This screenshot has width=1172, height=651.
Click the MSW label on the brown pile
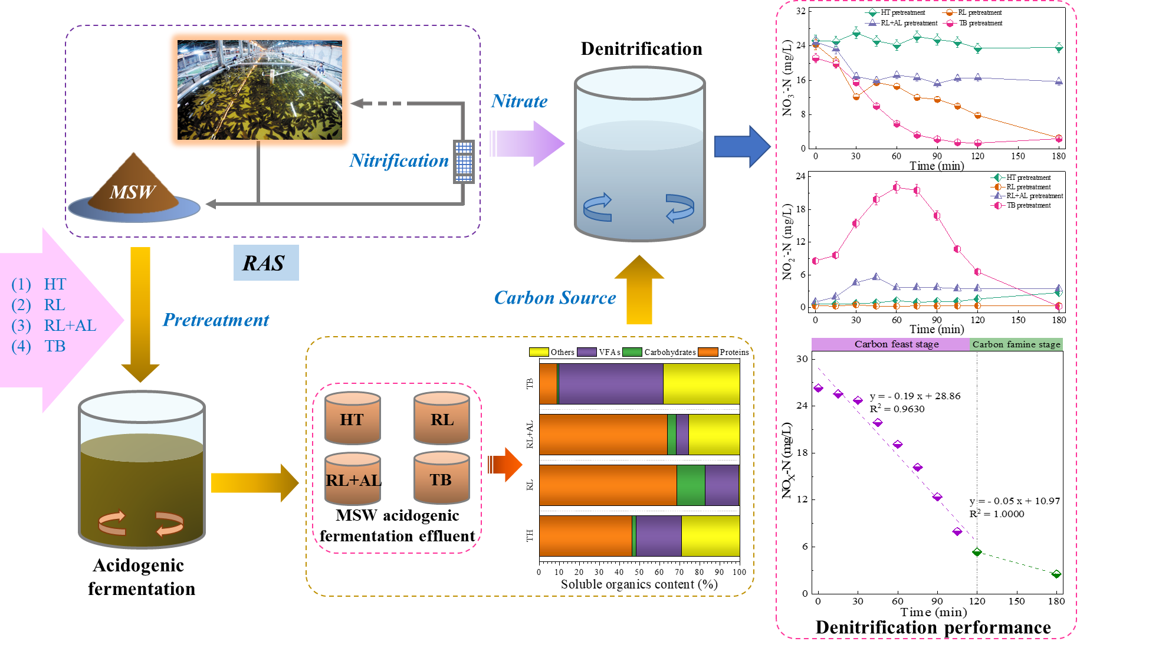coord(132,192)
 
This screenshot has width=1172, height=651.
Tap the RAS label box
coord(266,263)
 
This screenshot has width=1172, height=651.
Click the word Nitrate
coord(520,101)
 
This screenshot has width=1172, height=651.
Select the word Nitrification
coord(399,160)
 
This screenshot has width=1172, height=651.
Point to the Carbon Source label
coord(555,298)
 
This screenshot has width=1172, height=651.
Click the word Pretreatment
coord(216,320)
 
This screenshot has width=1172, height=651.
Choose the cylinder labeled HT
coord(353,418)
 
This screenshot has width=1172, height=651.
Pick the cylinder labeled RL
coord(442,418)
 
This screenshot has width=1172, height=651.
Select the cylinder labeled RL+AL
coord(353,479)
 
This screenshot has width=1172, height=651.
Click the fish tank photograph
coord(260,90)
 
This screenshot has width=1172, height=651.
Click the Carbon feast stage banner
coord(890,344)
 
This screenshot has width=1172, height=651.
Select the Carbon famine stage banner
coord(1016,344)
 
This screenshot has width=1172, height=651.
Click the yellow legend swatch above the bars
coord(539,352)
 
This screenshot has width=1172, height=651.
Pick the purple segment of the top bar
coord(610,384)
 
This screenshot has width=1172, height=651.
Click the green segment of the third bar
coord(691,485)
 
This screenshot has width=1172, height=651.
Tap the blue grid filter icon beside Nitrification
coord(464,161)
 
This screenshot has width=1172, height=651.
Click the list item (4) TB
coord(39,346)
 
